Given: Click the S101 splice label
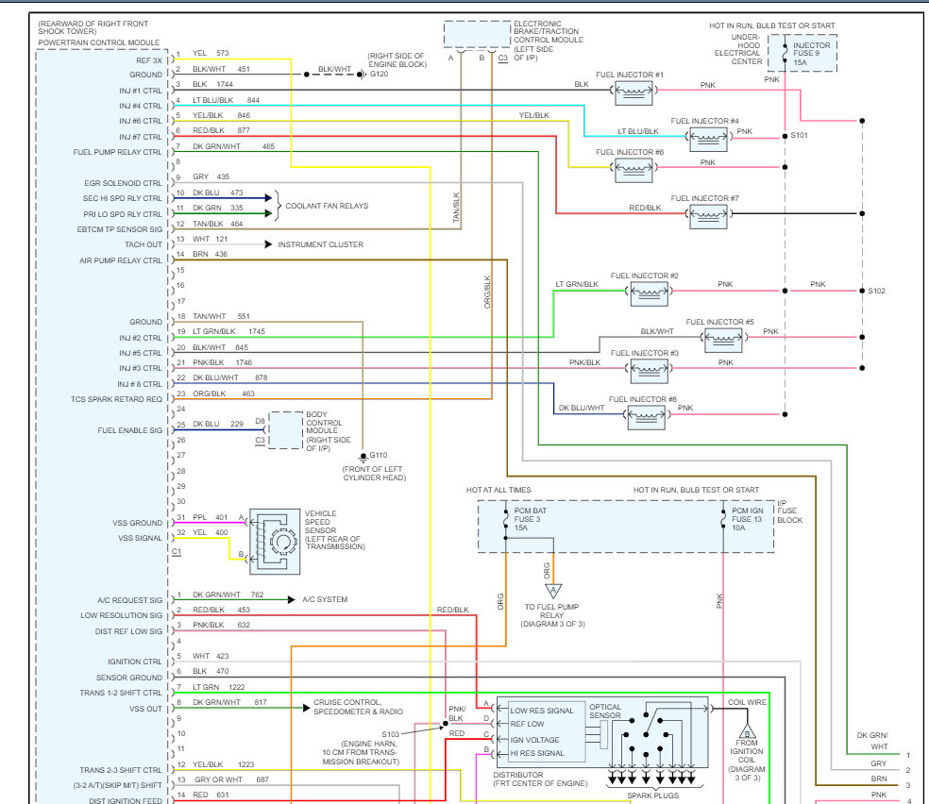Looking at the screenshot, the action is [x=800, y=136].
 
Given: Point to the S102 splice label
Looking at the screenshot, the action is [x=877, y=291].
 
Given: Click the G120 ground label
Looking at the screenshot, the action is [x=380, y=74].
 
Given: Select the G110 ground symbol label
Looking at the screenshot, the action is [x=379, y=455].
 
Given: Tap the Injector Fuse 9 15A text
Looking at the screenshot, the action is [x=812, y=53].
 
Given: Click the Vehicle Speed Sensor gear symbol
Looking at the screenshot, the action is [x=283, y=541].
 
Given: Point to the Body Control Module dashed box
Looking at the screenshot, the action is [x=286, y=430].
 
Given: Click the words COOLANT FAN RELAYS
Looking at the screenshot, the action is [x=327, y=206].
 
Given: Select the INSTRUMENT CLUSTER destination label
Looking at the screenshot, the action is [x=321, y=244].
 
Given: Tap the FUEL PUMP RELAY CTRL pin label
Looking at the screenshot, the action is [x=117, y=152].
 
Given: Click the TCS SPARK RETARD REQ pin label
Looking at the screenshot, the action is [x=116, y=399].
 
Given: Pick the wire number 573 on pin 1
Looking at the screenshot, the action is [x=223, y=53].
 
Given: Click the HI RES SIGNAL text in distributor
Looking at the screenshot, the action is [x=537, y=753].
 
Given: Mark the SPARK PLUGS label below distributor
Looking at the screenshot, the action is [x=653, y=796].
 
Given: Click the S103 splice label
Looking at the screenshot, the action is [x=391, y=734].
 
